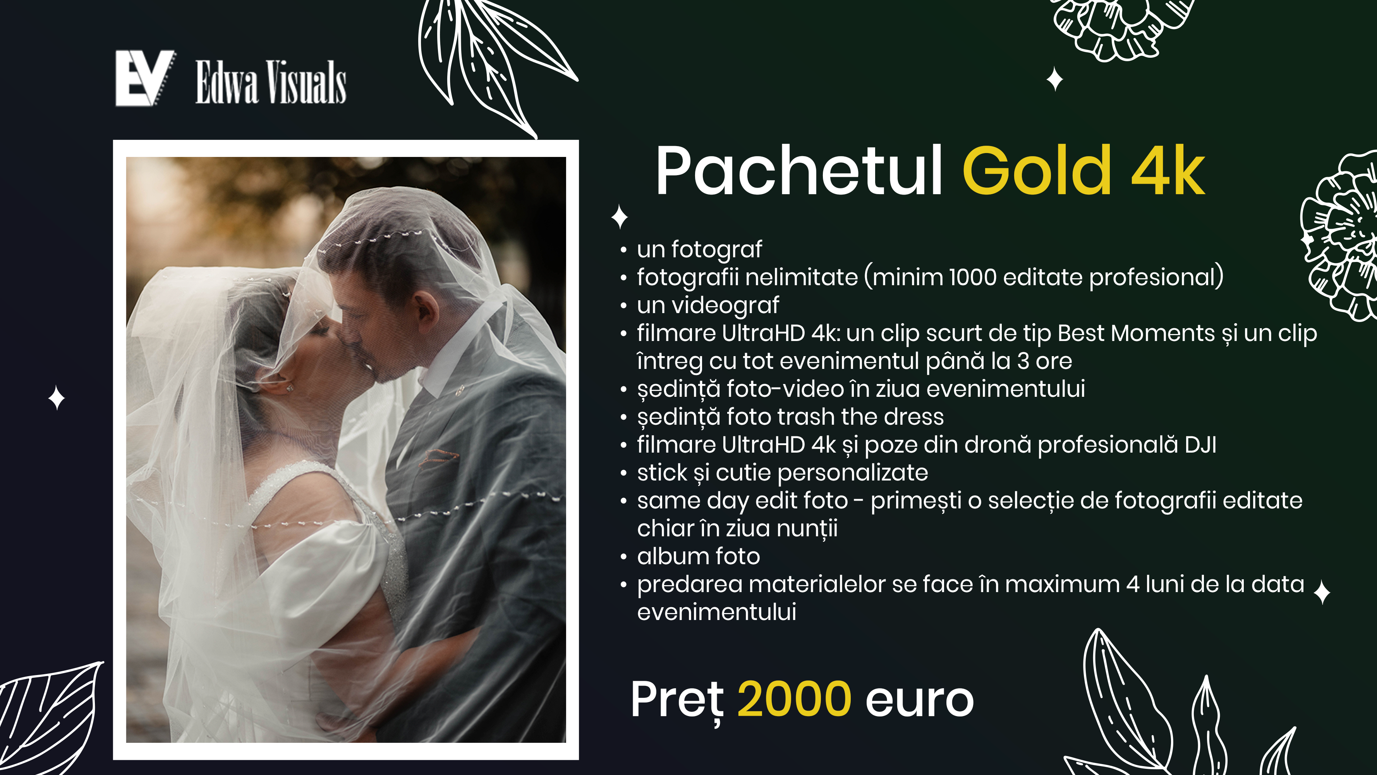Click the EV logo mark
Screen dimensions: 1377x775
[x=145, y=78]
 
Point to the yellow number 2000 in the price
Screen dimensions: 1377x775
[x=794, y=699]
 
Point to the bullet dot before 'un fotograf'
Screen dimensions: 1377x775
[x=623, y=250]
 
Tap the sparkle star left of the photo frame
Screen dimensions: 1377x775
[x=57, y=398]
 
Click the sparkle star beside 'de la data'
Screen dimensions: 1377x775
[x=1322, y=592]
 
